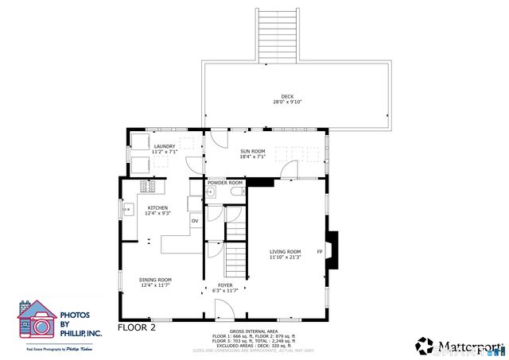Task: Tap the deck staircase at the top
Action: coord(278,35)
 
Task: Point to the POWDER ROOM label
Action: coord(225,183)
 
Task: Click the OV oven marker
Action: coord(194,220)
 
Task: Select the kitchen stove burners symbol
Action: coord(147,187)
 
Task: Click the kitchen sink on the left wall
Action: coord(128,210)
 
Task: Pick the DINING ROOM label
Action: coord(156,281)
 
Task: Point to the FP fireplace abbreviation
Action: coord(320,252)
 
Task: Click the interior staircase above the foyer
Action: coord(235,259)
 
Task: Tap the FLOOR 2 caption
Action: coord(137,327)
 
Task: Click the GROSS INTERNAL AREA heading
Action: coord(254,331)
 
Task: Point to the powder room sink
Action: coord(211,192)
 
